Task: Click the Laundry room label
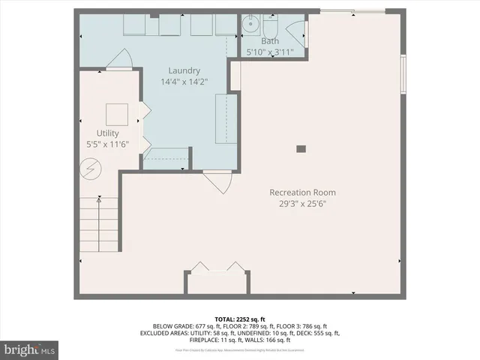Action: [184, 70]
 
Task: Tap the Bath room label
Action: [271, 42]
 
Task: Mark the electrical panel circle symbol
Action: [90, 170]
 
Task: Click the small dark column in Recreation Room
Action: [301, 148]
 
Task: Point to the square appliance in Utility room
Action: [116, 113]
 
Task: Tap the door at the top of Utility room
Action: [120, 58]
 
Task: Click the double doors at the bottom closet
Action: [217, 268]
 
